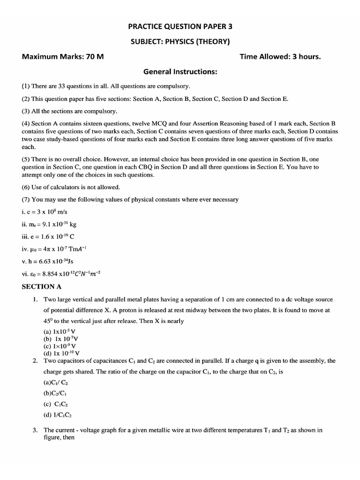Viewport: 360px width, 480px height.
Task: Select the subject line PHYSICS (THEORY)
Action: pos(180,42)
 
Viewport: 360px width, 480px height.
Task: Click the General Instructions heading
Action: pos(180,72)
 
